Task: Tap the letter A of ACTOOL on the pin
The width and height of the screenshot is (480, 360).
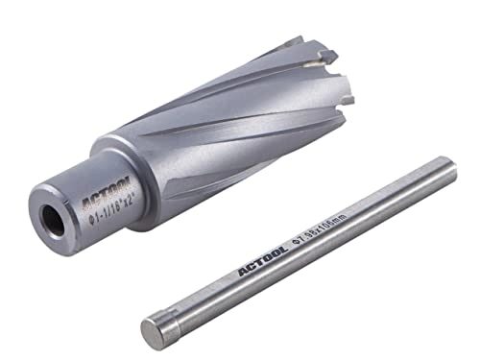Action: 242,280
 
